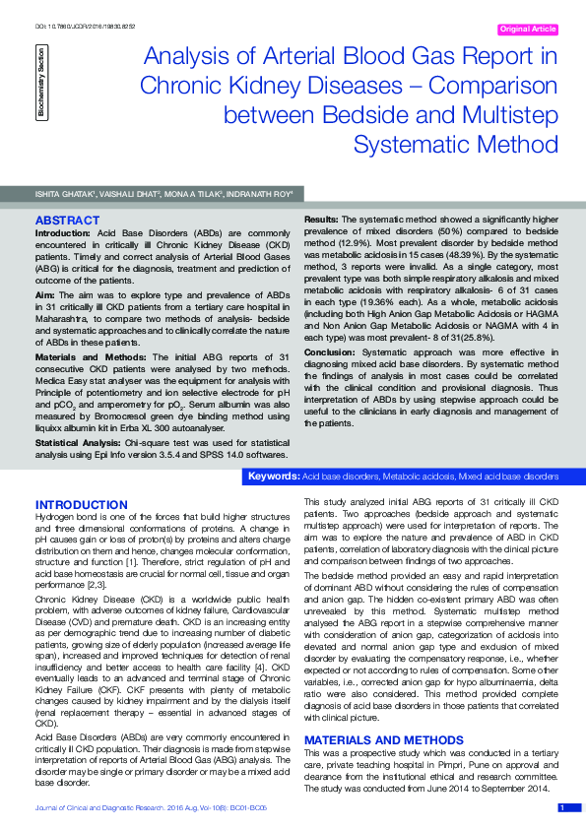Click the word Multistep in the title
click(x=498, y=116)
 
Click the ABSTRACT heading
click(x=67, y=219)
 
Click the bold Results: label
click(x=321, y=218)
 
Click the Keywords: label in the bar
click(x=274, y=477)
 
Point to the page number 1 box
click(x=561, y=808)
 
